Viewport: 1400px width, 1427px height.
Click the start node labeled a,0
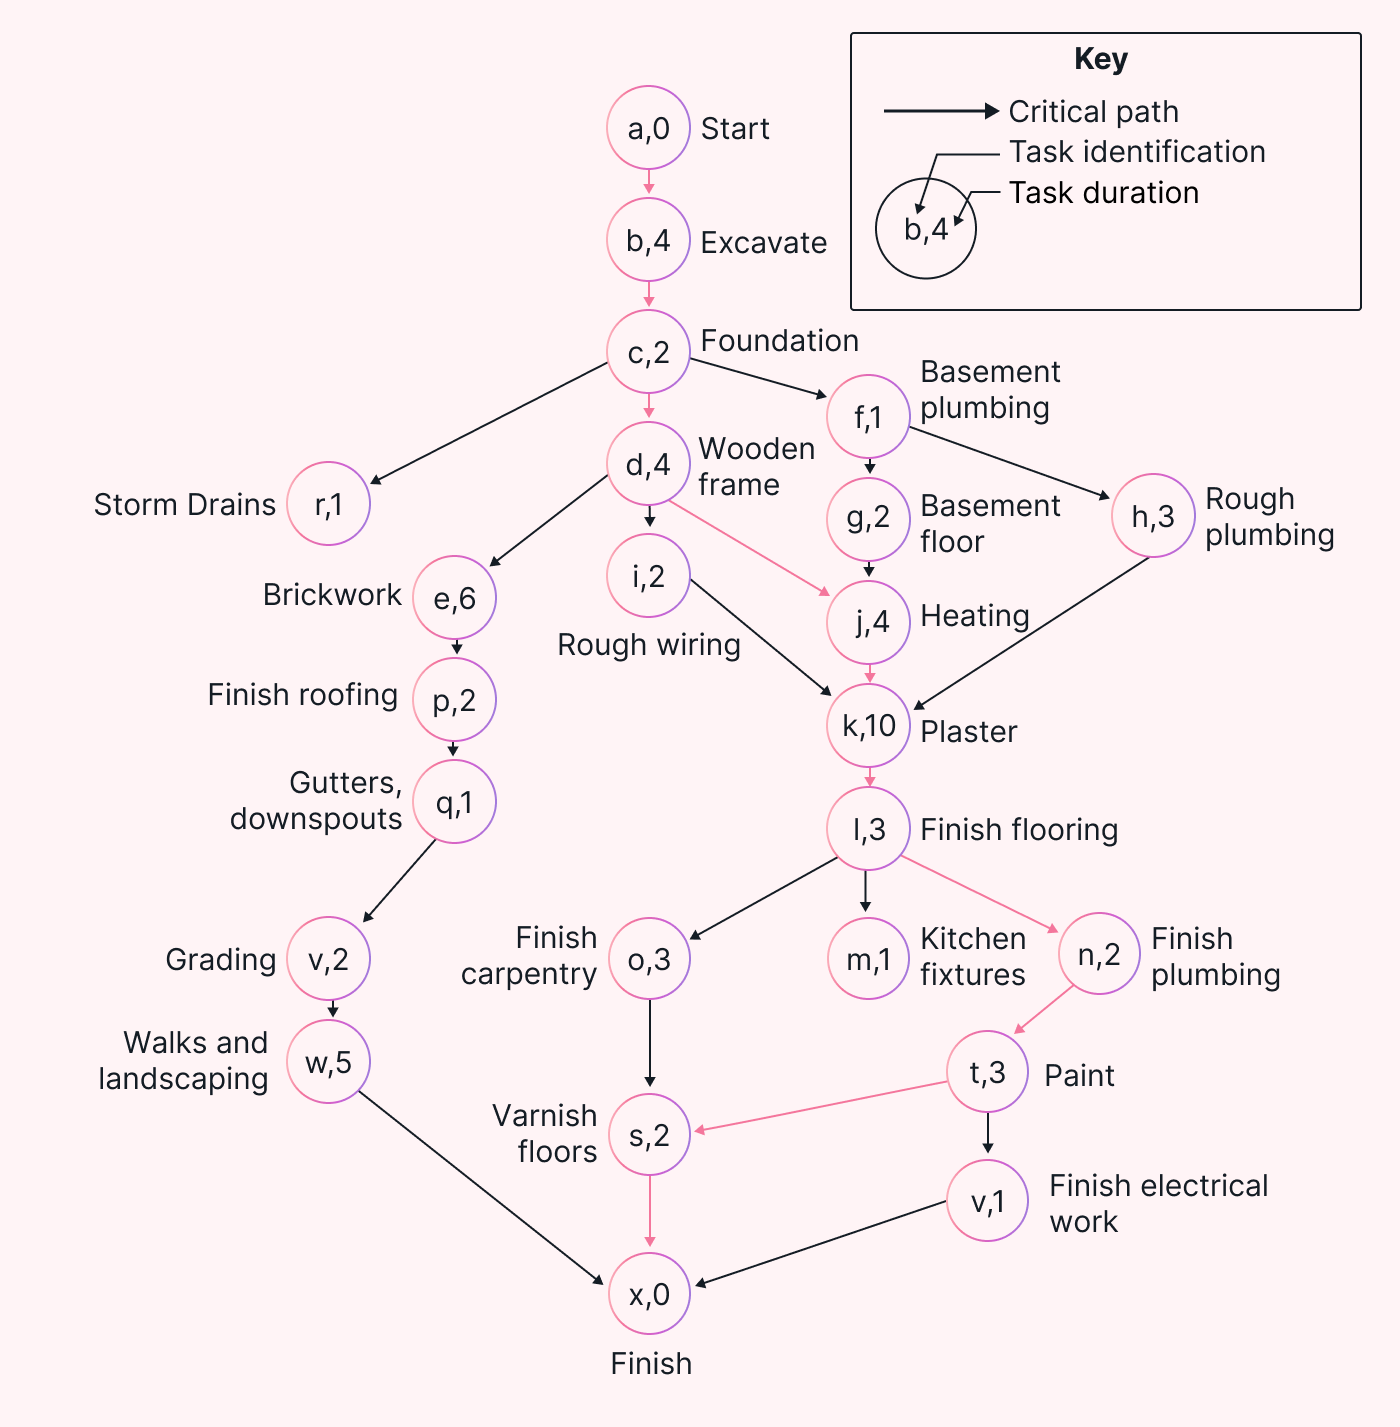648,128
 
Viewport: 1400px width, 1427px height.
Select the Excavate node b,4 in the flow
648,240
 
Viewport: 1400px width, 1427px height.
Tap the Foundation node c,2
648,352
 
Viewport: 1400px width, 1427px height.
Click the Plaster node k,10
868,726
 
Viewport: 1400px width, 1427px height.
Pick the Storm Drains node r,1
328,504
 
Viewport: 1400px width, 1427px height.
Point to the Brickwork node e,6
454,598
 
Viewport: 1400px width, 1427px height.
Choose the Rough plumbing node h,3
1152,516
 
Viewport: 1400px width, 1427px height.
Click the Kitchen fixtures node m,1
868,959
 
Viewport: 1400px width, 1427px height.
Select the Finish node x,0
649,1294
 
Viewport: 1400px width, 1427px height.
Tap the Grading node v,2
328,959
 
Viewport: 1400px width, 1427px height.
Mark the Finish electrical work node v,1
987,1201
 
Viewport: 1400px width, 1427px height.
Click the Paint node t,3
987,1072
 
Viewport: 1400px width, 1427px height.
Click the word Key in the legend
1100,59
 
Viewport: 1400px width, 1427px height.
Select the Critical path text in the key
1093,111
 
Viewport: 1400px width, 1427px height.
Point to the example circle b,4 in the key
925,229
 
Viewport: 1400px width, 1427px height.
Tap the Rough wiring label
648,645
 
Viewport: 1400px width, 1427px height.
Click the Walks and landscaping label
184,1061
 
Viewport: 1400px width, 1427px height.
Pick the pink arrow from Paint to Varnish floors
820,1106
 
